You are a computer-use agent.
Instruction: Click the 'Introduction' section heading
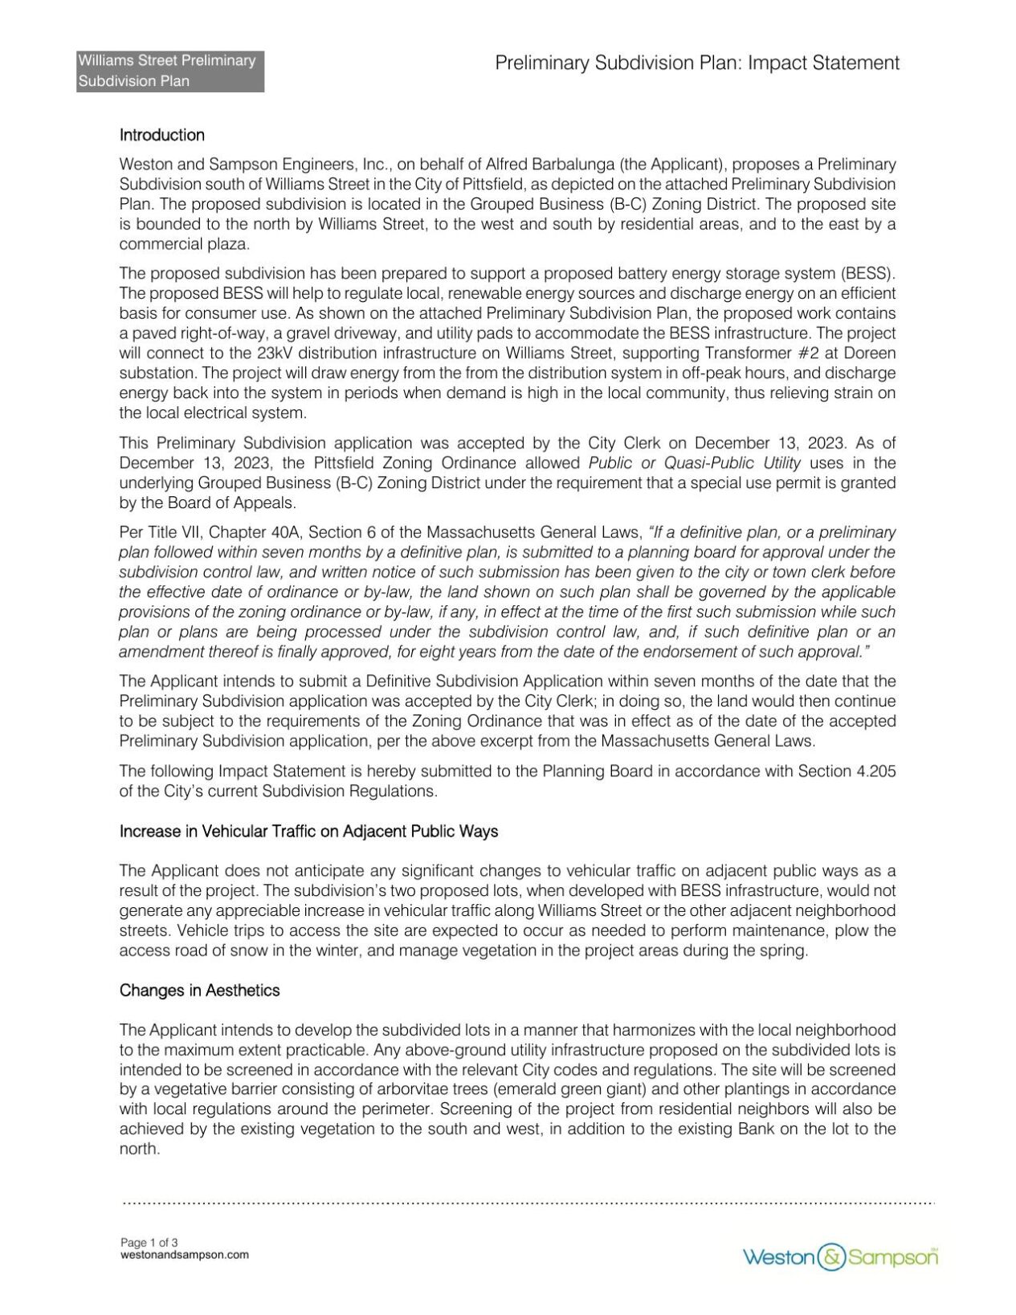[x=161, y=135]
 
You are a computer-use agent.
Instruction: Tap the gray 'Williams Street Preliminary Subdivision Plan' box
[x=170, y=71]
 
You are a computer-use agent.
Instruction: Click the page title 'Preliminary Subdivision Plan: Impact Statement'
[x=696, y=63]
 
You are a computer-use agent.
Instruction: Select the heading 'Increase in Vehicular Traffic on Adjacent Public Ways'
[x=308, y=831]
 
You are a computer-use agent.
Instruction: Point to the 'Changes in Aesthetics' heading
[x=199, y=990]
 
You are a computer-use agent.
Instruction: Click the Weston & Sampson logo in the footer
[x=839, y=1256]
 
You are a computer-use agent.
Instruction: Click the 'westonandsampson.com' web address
[x=184, y=1255]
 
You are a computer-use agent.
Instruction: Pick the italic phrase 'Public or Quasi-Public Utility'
[x=694, y=463]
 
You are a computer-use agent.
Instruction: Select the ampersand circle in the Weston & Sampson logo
[x=831, y=1256]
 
